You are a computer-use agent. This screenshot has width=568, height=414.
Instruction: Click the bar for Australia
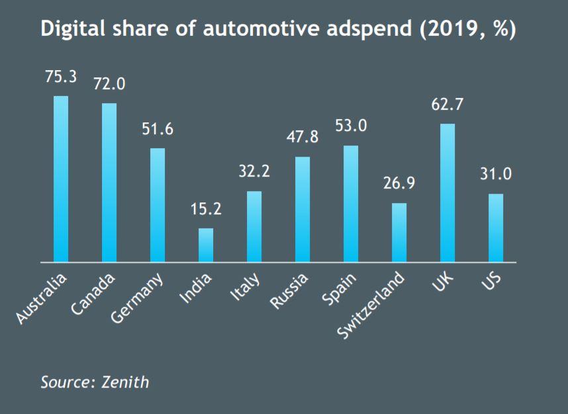pos(61,179)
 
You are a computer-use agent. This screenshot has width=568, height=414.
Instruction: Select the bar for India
pos(206,245)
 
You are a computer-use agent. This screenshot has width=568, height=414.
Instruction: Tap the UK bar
pos(448,192)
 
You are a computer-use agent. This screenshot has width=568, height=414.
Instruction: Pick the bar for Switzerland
pos(399,232)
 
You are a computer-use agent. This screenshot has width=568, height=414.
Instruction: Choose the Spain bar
pos(351,204)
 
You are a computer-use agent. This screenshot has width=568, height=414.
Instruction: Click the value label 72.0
pos(109,85)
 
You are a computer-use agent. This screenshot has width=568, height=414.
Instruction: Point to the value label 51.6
pos(158,129)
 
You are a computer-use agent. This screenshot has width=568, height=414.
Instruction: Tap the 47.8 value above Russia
pos(303,138)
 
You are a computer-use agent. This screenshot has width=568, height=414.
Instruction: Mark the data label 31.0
pos(496,175)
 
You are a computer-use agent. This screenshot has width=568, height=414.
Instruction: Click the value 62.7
pos(448,104)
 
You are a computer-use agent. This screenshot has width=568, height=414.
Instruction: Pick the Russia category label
pos(291,291)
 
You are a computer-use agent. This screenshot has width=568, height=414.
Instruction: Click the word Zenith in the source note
pos(126,382)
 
